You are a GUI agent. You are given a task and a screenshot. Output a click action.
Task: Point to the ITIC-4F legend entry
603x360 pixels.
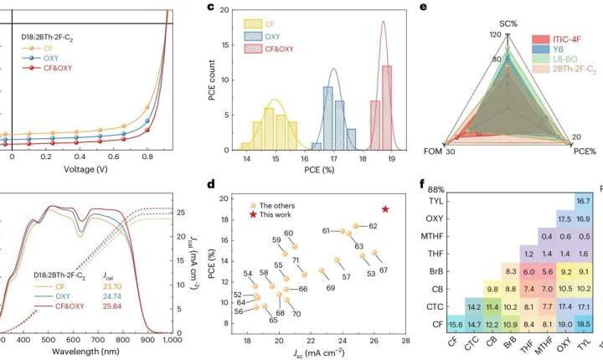tap(566, 39)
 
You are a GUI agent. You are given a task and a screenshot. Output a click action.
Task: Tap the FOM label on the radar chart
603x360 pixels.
tap(427, 152)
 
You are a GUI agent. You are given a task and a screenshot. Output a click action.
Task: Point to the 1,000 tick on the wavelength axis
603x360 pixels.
tap(172, 341)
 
